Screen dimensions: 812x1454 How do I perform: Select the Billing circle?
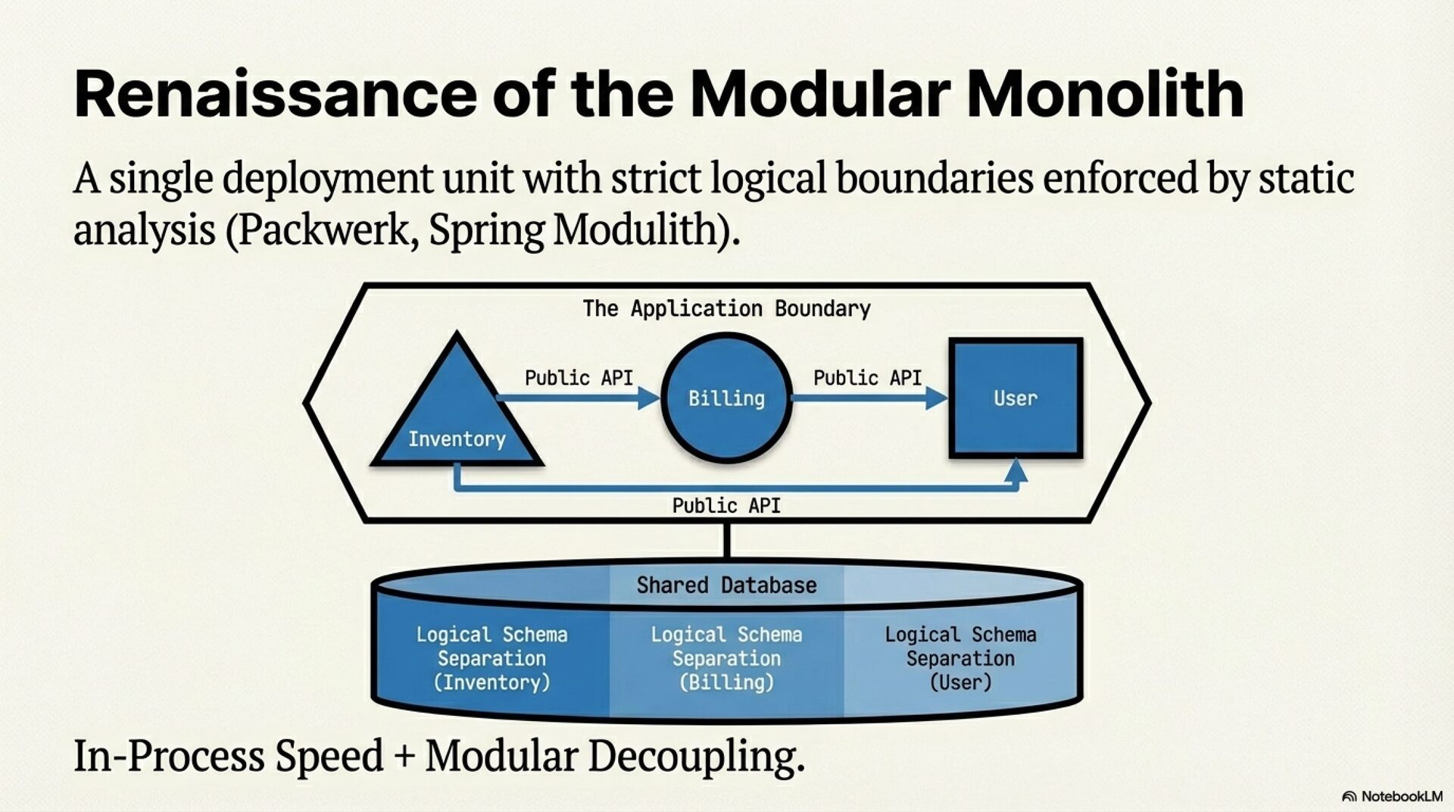(726, 398)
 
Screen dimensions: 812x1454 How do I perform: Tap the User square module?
(1016, 398)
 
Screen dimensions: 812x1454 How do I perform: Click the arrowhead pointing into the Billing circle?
(648, 398)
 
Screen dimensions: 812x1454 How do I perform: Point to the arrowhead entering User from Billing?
(937, 398)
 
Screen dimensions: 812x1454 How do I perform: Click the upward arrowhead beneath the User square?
(1016, 470)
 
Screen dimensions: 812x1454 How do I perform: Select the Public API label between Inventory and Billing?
(579, 377)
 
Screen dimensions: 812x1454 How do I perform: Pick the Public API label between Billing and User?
(867, 377)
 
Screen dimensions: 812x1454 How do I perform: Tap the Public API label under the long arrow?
(726, 505)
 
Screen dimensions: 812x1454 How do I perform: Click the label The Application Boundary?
(726, 308)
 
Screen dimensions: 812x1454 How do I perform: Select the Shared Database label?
(726, 585)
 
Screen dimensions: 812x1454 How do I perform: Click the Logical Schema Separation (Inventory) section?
(491, 658)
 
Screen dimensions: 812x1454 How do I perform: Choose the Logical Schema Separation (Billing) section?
(726, 658)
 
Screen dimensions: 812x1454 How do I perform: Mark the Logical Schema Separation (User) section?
(960, 658)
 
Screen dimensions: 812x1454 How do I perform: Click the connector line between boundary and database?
(727, 540)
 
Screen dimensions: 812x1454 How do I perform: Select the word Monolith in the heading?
(1105, 94)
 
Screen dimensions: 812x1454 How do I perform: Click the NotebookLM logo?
(1392, 796)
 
